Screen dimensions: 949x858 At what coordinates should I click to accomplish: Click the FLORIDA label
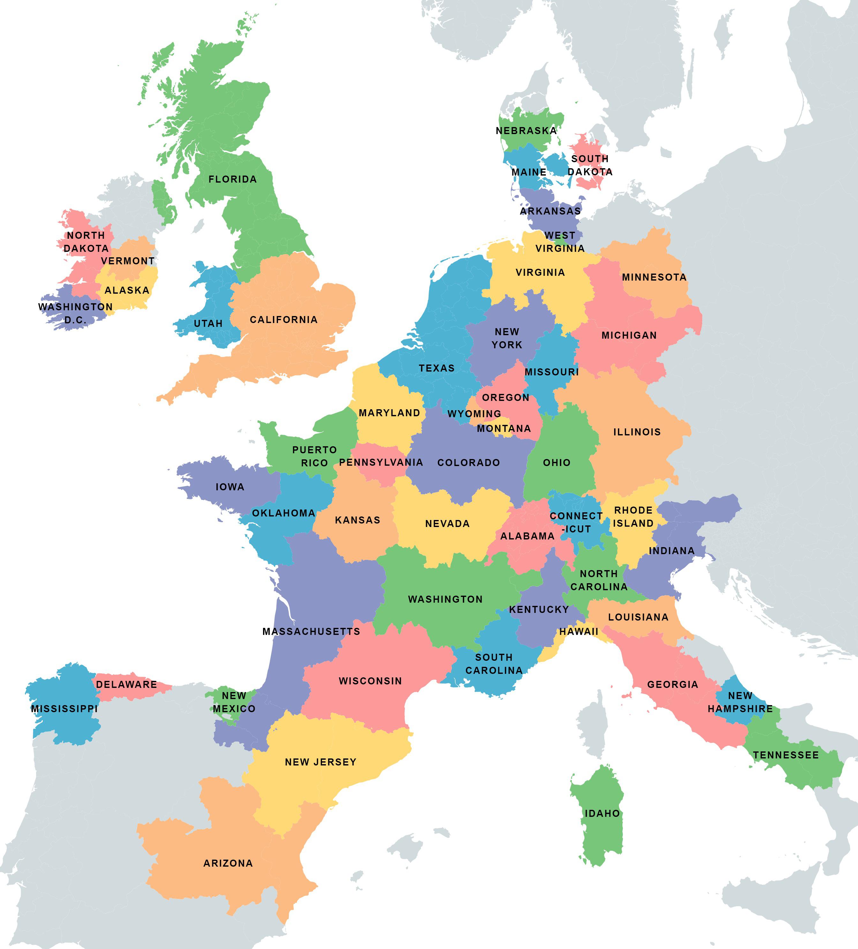point(232,179)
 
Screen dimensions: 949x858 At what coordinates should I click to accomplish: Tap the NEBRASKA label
point(526,131)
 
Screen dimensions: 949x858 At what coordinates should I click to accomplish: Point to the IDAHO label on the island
point(602,813)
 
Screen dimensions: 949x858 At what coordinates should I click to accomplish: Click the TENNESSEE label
point(786,755)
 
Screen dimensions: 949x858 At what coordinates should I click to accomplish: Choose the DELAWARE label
point(126,684)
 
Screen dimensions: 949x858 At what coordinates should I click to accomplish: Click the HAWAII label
point(578,632)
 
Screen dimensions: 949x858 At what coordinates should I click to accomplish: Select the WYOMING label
point(474,414)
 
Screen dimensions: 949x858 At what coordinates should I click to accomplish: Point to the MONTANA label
point(504,429)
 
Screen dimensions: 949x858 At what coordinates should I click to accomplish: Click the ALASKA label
point(127,290)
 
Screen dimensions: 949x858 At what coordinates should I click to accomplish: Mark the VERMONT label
point(128,261)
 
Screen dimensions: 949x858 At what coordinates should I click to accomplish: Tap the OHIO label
point(556,463)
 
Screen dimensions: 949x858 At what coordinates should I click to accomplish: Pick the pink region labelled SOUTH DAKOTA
point(589,165)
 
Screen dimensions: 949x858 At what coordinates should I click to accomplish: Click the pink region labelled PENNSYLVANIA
point(381,463)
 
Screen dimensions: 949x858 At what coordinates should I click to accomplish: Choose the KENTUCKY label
point(539,610)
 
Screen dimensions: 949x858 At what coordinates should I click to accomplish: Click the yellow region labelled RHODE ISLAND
point(633,517)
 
